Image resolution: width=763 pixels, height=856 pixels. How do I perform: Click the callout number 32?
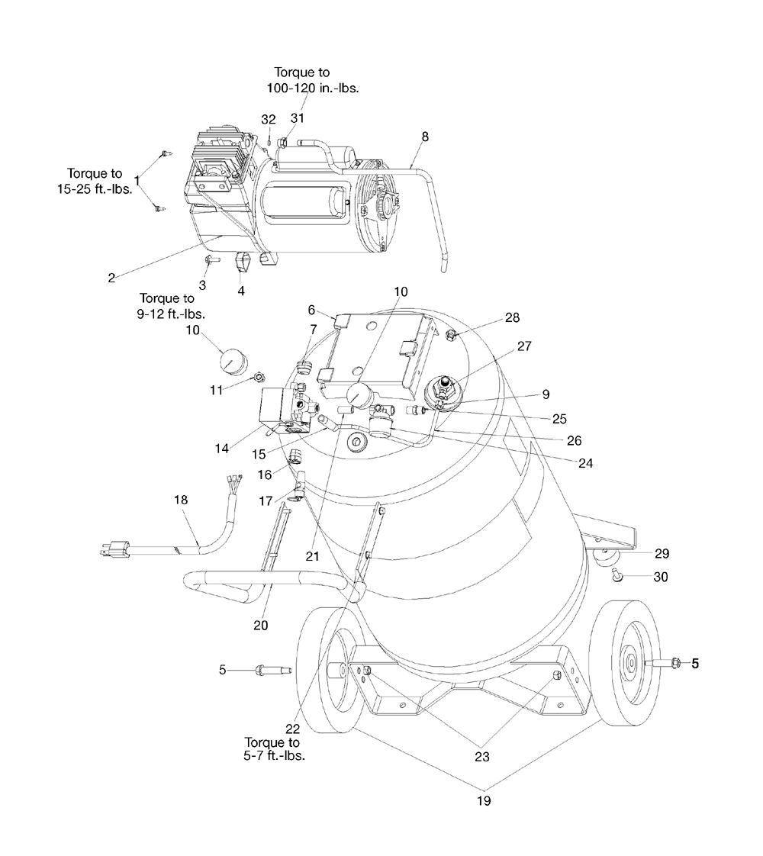click(269, 120)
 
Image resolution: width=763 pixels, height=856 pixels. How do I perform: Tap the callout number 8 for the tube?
click(425, 137)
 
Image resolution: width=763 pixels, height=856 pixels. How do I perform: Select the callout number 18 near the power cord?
click(181, 500)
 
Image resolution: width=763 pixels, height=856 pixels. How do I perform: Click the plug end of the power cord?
click(115, 548)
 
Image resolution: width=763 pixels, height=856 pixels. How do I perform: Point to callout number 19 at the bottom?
click(484, 801)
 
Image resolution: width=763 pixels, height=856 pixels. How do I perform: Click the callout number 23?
click(482, 757)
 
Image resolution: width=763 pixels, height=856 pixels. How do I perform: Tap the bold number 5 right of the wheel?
click(695, 663)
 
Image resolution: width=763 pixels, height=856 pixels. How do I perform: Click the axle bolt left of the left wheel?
click(273, 670)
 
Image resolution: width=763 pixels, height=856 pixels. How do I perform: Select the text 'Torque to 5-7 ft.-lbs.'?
click(272, 749)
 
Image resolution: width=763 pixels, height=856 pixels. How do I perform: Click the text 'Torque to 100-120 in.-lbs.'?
click(312, 80)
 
